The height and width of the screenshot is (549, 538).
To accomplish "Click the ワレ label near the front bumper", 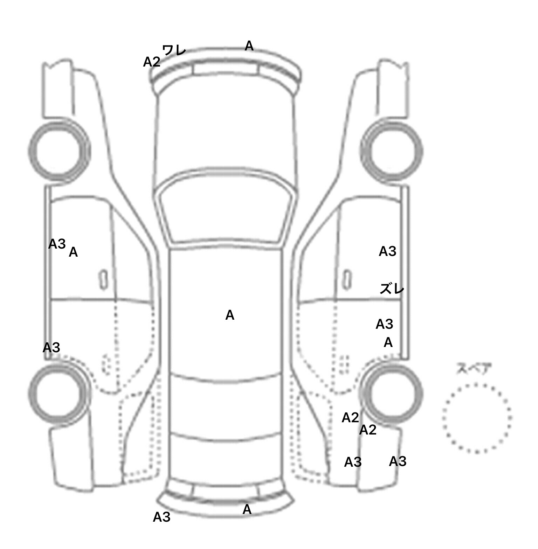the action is coord(174,50).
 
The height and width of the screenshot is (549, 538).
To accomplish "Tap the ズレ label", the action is coord(392,289).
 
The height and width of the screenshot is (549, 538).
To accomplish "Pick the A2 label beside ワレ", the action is coord(152,62).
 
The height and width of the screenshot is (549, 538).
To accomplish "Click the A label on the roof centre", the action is coord(230,315).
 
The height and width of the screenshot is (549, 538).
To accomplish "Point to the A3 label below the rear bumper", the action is coord(161,517).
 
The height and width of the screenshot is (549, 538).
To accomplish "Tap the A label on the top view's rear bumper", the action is coord(247,509).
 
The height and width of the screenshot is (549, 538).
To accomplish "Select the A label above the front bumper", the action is coord(249,46).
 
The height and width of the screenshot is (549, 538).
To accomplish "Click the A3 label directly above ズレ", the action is coord(387,251).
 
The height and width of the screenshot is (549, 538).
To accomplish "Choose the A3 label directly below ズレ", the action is coord(384,324).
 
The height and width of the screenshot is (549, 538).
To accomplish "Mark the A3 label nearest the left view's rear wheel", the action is coord(51,348).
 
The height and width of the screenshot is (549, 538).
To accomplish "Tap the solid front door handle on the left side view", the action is coord(103,280).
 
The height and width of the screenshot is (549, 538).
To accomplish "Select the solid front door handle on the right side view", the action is coord(347,280).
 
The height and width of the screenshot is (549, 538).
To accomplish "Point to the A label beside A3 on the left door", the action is coord(73,252).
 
